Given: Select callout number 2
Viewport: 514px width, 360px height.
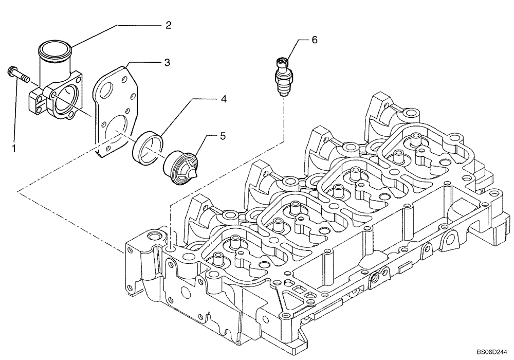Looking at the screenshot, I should [x=168, y=25].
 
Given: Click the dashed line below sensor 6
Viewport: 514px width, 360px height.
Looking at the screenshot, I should [x=284, y=118].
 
